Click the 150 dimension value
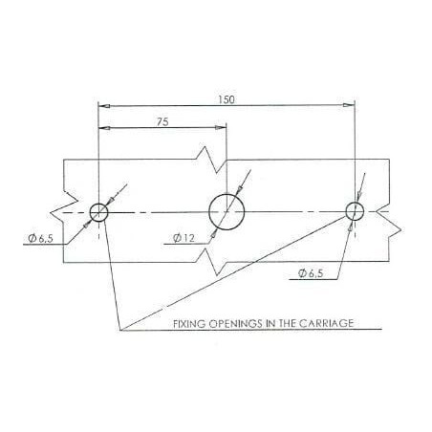pos(227,99)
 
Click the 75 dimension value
pos(162,121)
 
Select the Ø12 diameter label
pos(184,238)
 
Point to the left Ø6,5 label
pos(41,238)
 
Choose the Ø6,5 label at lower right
pos(311,273)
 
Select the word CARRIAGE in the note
pos(326,323)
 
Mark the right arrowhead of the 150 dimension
pos(349,105)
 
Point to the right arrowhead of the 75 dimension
pos(221,127)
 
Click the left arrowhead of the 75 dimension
pos(104,128)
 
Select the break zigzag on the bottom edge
pos(210,262)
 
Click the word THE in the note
pos(288,323)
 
